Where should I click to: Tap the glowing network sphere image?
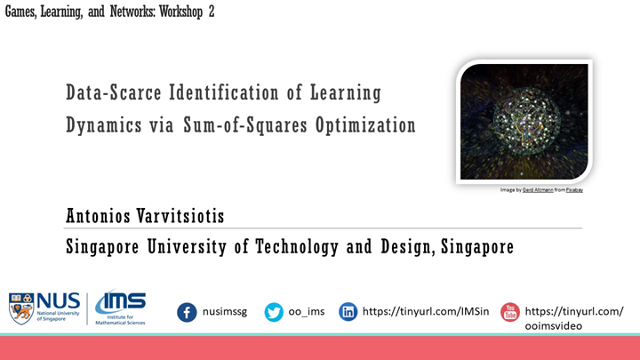coord(524,121)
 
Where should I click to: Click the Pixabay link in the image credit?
coord(571,189)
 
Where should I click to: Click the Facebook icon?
coord(187,312)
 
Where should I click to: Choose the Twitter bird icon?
coord(274,312)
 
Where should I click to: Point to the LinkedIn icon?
coord(349,312)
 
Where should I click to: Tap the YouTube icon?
coord(510,312)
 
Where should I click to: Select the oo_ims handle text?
coord(307,312)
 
